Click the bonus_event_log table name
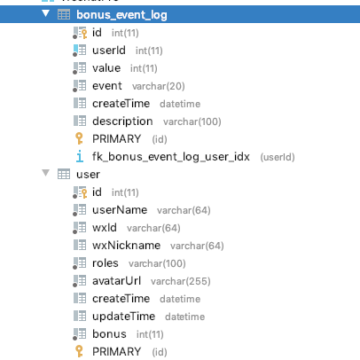click(121, 15)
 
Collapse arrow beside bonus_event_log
click(45, 13)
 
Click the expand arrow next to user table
click(45, 173)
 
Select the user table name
click(88, 175)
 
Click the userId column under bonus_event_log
click(109, 51)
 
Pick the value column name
click(106, 68)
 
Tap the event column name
click(107, 86)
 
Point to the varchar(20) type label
click(158, 86)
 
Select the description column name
click(122, 121)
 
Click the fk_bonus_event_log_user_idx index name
click(171, 157)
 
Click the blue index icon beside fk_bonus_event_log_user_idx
click(80, 156)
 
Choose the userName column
click(120, 210)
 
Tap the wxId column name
click(105, 228)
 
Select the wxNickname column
click(126, 246)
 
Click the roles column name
click(106, 263)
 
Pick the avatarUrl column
click(116, 281)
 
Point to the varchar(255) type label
click(180, 281)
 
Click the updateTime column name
click(123, 317)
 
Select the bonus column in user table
click(109, 334)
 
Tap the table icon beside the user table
click(64, 174)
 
